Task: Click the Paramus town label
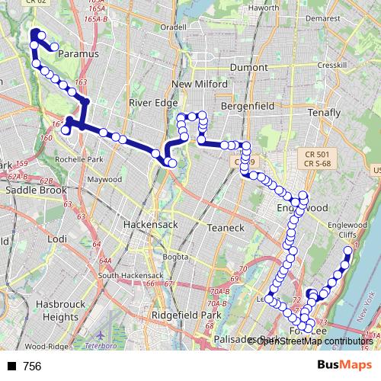(x=79, y=55)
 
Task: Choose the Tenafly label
(x=323, y=113)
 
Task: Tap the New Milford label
(x=200, y=84)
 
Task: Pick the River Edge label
(x=153, y=103)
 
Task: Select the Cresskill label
(x=332, y=66)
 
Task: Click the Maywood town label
(x=104, y=180)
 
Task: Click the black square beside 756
(x=11, y=367)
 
